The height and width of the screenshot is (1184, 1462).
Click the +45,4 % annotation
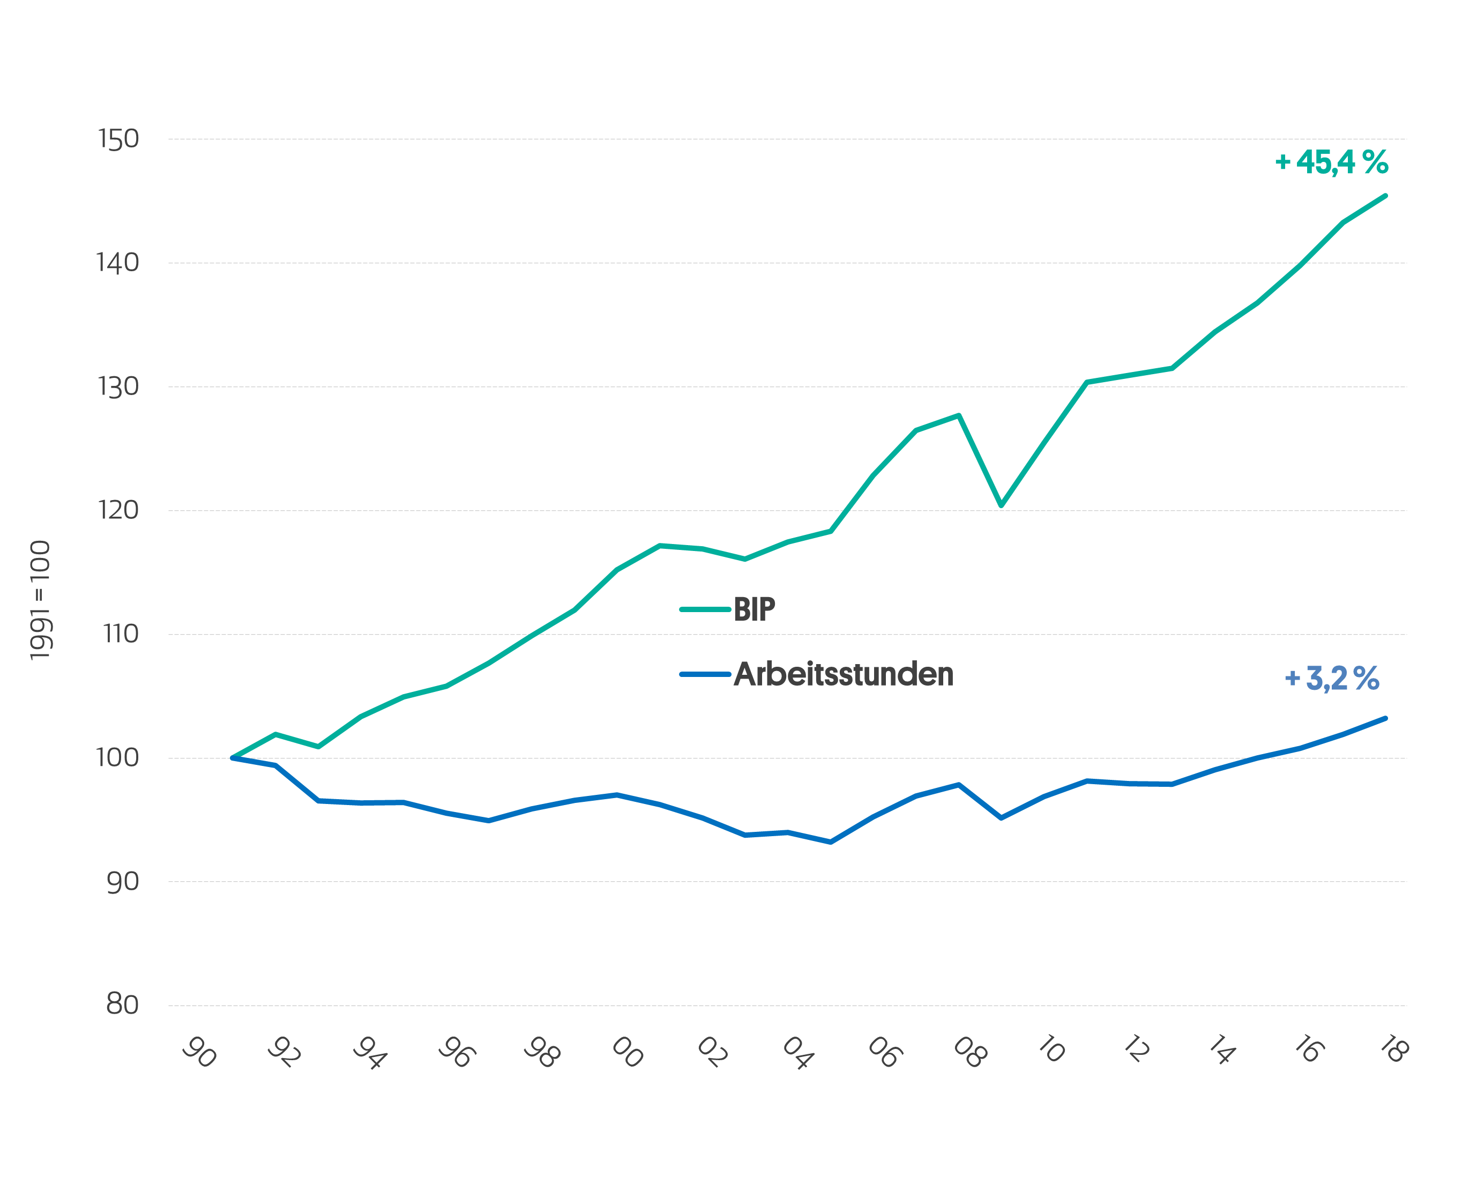[x=1331, y=162]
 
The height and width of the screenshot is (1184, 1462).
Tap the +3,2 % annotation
[x=1331, y=679]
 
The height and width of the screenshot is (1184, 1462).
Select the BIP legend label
[x=754, y=609]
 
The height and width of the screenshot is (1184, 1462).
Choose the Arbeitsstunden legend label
[x=843, y=674]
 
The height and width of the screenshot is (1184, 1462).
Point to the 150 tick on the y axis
[x=118, y=139]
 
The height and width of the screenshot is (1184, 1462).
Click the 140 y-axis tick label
[x=118, y=263]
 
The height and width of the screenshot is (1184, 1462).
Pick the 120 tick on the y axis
[x=118, y=510]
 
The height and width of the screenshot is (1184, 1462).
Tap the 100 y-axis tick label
[x=118, y=758]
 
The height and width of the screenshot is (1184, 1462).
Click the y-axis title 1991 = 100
[x=40, y=601]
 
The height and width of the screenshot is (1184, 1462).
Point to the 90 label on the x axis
[x=200, y=1052]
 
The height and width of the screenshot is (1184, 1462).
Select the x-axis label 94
[x=370, y=1052]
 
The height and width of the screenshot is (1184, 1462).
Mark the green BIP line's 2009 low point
[x=1001, y=506]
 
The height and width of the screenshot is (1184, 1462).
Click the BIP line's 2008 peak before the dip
[x=959, y=415]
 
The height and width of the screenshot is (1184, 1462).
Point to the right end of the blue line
[x=1385, y=718]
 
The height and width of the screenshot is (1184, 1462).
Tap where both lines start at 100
[x=233, y=758]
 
